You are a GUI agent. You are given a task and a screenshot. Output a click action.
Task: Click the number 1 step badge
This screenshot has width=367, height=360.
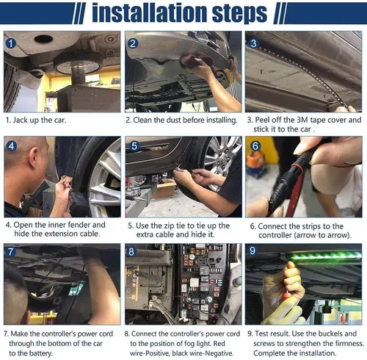click(x=11, y=43)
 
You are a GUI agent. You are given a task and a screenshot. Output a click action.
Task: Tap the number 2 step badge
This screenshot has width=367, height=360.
click(x=133, y=43)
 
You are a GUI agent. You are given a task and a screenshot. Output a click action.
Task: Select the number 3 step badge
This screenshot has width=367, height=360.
click(x=254, y=43)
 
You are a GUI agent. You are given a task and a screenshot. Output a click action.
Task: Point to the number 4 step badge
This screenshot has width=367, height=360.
click(x=11, y=145)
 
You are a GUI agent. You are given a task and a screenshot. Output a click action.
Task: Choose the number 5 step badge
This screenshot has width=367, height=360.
click(x=133, y=145)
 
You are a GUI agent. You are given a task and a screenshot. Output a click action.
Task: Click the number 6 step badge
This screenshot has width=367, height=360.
click(x=254, y=145)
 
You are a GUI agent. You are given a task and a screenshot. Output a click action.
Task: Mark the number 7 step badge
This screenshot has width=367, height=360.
click(x=11, y=252)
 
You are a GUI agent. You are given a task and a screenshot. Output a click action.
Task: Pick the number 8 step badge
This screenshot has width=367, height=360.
click(x=133, y=252)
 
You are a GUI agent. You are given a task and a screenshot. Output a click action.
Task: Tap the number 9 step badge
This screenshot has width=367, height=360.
click(x=254, y=252)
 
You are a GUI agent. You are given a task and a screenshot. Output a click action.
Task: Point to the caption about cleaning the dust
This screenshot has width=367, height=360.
click(x=181, y=119)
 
